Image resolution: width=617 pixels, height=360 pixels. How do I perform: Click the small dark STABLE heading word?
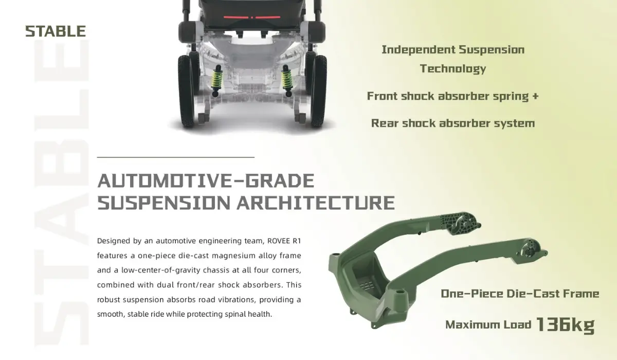pyautogui.click(x=56, y=31)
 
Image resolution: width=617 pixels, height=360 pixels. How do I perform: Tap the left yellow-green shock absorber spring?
pyautogui.click(x=217, y=80)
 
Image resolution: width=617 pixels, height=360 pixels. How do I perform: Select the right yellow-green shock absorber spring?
pyautogui.click(x=287, y=80)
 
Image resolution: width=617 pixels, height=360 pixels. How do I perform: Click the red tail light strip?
pyautogui.click(x=252, y=17)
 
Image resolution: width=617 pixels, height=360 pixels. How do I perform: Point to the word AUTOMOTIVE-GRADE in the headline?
pyautogui.click(x=206, y=181)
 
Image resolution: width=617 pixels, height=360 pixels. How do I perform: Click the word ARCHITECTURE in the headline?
pyautogui.click(x=316, y=203)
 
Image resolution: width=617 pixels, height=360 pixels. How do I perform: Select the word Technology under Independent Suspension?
pyautogui.click(x=453, y=68)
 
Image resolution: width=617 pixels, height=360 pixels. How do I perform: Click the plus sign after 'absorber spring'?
pyautogui.click(x=535, y=96)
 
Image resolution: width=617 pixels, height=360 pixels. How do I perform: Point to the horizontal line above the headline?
pyautogui.click(x=176, y=157)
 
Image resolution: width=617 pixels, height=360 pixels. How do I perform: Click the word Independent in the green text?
pyautogui.click(x=419, y=50)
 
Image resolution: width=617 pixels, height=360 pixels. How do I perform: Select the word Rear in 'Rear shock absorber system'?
pyautogui.click(x=385, y=123)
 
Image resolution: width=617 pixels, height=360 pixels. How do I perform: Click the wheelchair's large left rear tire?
pyautogui.click(x=186, y=92)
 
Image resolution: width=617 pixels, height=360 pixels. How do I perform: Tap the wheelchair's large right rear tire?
pyautogui.click(x=319, y=92)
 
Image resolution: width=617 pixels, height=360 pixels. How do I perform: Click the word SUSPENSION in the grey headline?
pyautogui.click(x=164, y=203)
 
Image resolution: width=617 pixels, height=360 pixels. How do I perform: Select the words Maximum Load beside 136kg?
pyautogui.click(x=488, y=325)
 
